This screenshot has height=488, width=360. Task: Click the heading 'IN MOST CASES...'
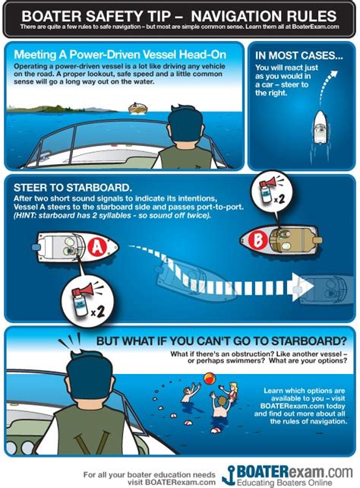pos(296,55)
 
